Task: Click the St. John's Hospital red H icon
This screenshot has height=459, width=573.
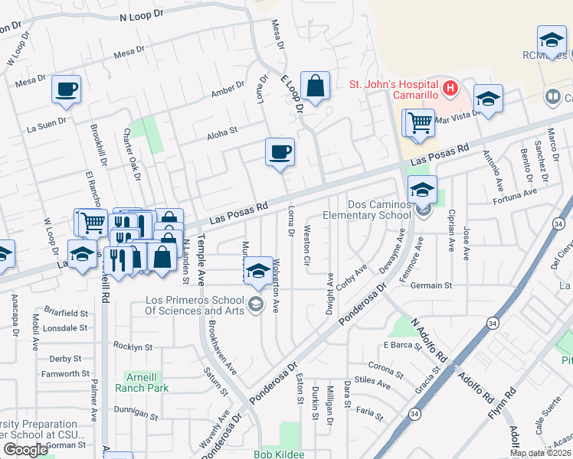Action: pyautogui.click(x=450, y=88)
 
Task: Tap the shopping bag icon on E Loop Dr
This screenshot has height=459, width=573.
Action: pyautogui.click(x=315, y=86)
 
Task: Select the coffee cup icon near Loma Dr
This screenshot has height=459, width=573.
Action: pyautogui.click(x=280, y=151)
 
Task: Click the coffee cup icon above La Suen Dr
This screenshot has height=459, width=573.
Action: pyautogui.click(x=67, y=89)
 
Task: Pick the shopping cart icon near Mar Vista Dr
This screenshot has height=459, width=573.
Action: pyautogui.click(x=419, y=122)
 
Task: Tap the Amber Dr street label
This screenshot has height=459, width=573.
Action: pyautogui.click(x=228, y=91)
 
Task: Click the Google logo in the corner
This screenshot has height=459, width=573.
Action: pyautogui.click(x=25, y=450)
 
